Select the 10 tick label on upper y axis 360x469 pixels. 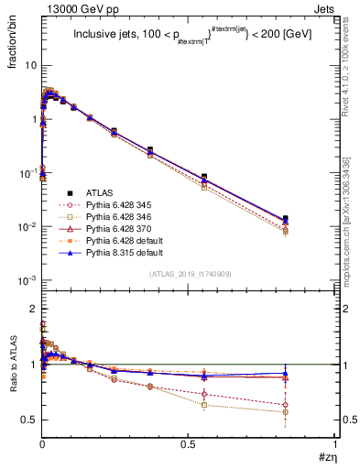(30, 66)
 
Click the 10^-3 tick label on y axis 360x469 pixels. (27, 280)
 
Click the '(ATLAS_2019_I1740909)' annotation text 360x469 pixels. (189, 275)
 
